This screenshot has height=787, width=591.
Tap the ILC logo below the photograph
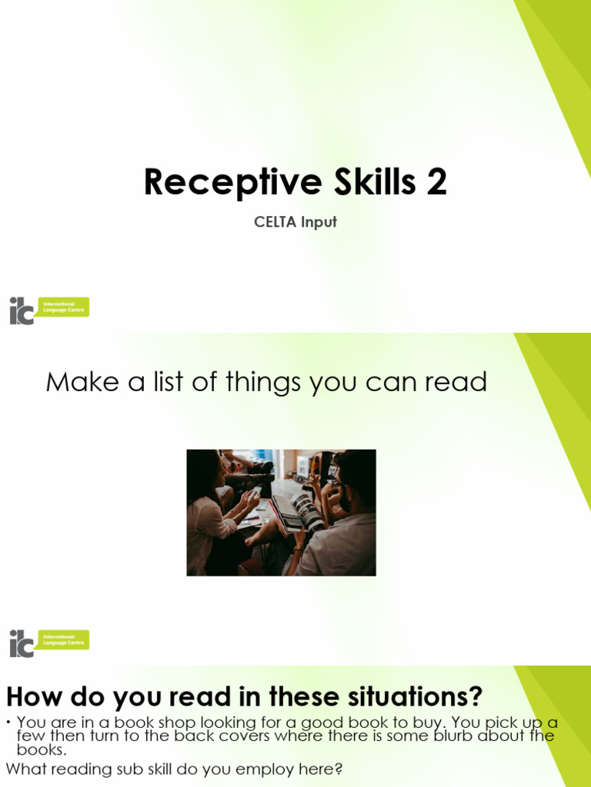tap(48, 643)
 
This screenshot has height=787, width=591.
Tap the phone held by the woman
tap(255, 492)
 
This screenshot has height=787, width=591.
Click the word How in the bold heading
tap(34, 697)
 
